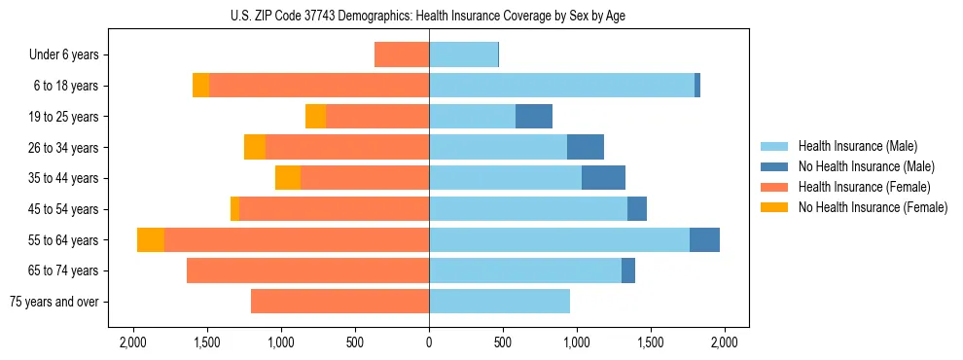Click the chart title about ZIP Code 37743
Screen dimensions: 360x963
pyautogui.click(x=428, y=16)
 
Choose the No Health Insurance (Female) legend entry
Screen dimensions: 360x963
pyautogui.click(x=873, y=207)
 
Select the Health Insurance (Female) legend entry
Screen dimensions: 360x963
pyautogui.click(x=864, y=187)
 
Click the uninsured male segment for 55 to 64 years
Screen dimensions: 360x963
pyautogui.click(x=704, y=239)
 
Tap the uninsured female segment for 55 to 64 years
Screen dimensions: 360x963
pyautogui.click(x=151, y=239)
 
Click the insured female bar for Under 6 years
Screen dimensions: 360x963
pyautogui.click(x=402, y=55)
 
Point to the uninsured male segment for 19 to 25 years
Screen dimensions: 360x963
pyautogui.click(x=534, y=117)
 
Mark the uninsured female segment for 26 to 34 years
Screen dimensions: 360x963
pyautogui.click(x=255, y=147)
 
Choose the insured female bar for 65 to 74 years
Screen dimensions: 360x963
pyautogui.click(x=307, y=270)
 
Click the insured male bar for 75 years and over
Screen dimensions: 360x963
pyautogui.click(x=499, y=302)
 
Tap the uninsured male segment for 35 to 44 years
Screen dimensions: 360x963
pyautogui.click(x=603, y=178)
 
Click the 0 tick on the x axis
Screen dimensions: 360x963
pyautogui.click(x=429, y=342)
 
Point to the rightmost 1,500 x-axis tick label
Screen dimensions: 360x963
pyautogui.click(x=650, y=342)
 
